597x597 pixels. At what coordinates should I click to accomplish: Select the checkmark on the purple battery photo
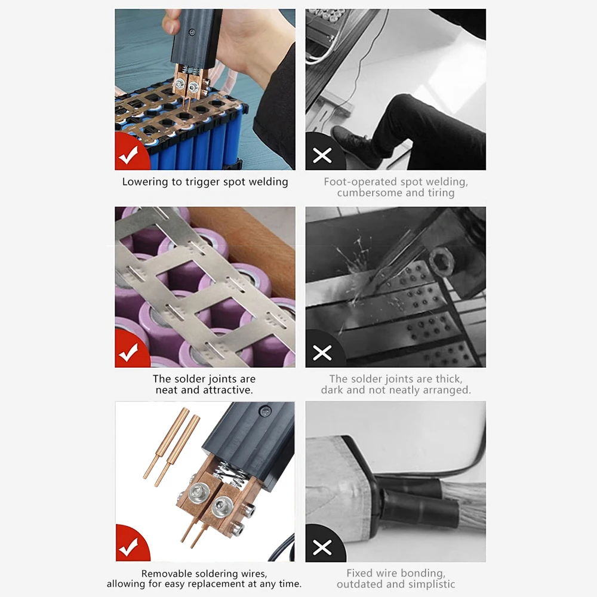(128, 353)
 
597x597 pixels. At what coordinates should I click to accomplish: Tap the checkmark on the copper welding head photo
(128, 547)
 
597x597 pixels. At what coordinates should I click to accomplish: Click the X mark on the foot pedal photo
(322, 155)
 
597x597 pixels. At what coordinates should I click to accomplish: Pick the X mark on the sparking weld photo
(322, 353)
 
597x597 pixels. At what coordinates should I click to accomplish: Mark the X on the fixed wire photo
(322, 547)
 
